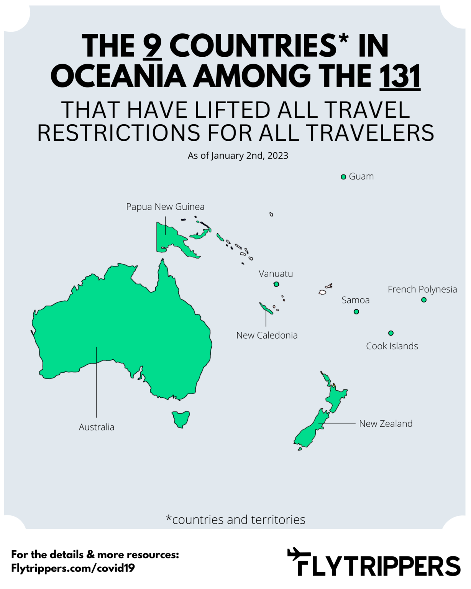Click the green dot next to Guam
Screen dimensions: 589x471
click(x=343, y=177)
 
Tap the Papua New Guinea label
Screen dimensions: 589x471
click(x=165, y=207)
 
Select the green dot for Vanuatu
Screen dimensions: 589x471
click(x=276, y=284)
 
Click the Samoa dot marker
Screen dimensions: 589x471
click(x=356, y=312)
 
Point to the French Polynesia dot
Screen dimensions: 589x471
click(x=424, y=300)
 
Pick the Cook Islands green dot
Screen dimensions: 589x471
click(x=391, y=333)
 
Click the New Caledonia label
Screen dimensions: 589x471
click(x=267, y=335)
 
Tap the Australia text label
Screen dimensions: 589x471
click(x=97, y=427)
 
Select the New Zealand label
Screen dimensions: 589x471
click(x=386, y=423)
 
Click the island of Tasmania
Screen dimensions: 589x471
click(x=181, y=418)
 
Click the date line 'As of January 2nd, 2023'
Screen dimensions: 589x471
click(x=238, y=156)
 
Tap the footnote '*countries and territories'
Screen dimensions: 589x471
click(x=235, y=520)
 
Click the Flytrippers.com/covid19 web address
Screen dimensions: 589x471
click(x=73, y=568)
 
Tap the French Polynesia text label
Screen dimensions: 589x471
click(x=422, y=289)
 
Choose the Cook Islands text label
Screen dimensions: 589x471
click(x=392, y=346)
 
